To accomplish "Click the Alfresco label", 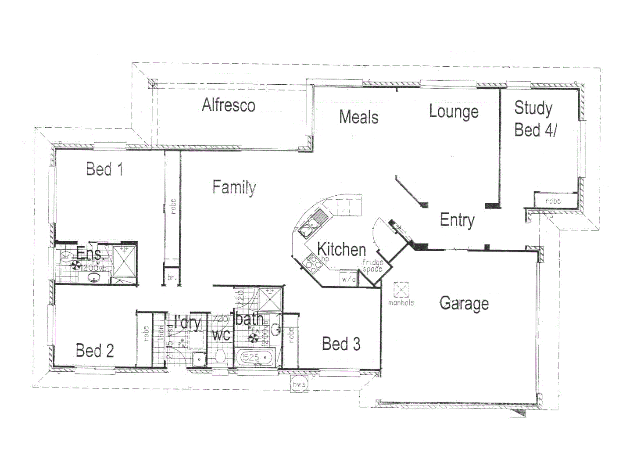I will click(228, 105).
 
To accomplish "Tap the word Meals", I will click(358, 117).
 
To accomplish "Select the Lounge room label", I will click(454, 111).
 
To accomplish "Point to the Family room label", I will click(234, 187).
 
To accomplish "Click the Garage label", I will click(464, 303).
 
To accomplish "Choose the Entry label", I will click(457, 220).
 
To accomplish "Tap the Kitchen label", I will click(341, 249).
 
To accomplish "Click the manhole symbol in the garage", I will click(401, 290).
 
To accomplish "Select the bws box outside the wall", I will click(299, 384).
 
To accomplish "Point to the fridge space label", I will click(372, 266).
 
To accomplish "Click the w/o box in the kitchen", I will click(348, 279).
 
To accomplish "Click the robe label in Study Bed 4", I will click(553, 201).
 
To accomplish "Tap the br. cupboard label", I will click(172, 278).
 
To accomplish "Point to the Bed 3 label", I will click(341, 344).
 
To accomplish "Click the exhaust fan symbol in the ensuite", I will click(75, 265).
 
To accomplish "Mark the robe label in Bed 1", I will click(172, 206).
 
